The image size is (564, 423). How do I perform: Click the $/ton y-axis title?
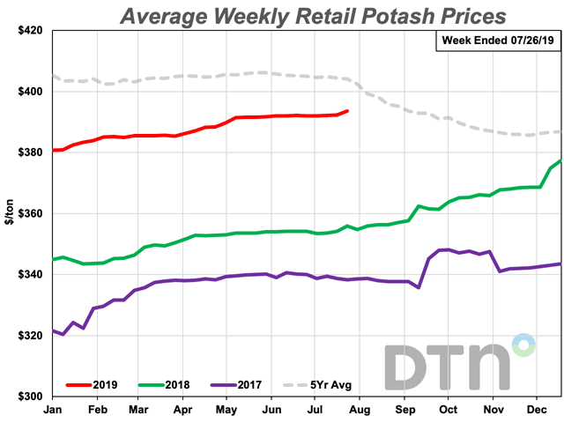click(11, 213)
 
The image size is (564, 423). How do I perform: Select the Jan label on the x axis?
click(53, 410)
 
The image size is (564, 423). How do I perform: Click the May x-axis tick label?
click(226, 410)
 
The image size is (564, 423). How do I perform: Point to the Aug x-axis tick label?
click(360, 410)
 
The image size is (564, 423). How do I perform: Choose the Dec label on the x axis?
click(536, 410)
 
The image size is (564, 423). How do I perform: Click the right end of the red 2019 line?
click(348, 111)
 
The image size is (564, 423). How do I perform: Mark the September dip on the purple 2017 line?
click(419, 287)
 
